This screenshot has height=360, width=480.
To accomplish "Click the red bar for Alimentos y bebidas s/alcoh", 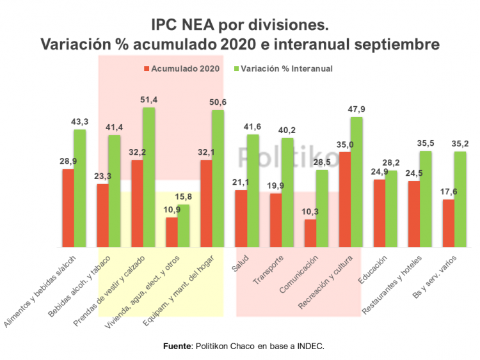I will tap(68, 208).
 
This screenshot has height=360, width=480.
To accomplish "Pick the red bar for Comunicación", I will tap(310, 233).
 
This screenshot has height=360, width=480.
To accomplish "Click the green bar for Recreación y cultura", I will tap(356, 182).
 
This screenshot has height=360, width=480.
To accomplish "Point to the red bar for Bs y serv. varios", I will tap(449, 223).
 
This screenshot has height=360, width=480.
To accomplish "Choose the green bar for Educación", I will tap(391, 208).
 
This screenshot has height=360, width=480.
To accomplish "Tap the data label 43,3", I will tap(80, 121).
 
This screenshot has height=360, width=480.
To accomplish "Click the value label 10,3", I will tap(310, 212).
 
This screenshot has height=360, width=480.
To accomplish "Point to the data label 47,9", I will tap(356, 109).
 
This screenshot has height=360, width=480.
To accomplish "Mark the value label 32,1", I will tap(206, 152).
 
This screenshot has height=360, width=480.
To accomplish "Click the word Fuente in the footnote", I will tap(177, 346).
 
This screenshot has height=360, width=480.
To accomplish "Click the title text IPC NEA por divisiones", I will tap(239, 25).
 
